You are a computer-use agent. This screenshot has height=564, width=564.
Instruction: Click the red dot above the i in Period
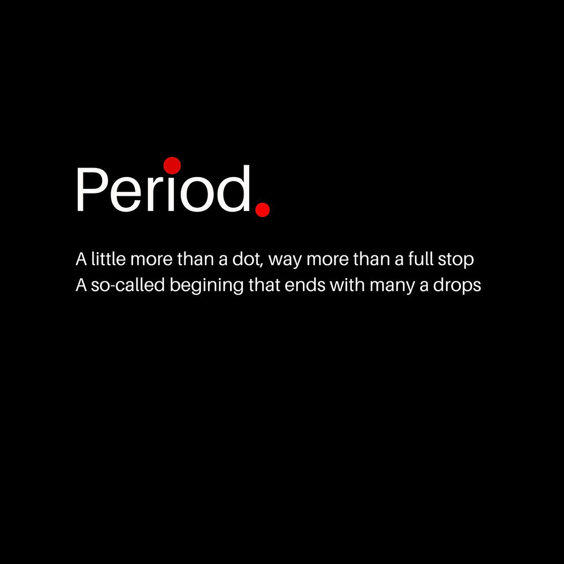(172, 165)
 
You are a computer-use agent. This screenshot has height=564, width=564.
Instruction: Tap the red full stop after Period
(263, 210)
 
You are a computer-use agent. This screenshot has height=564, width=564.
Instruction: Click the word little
(108, 259)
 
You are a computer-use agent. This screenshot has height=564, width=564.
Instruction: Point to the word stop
(456, 260)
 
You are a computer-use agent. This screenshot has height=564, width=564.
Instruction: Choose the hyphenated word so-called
(127, 285)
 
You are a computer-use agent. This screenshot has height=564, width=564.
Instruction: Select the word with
(347, 285)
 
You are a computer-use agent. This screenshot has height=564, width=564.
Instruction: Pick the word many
(393, 287)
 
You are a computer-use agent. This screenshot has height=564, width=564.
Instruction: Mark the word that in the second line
(264, 285)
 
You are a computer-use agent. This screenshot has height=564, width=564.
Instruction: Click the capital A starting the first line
(81, 259)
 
